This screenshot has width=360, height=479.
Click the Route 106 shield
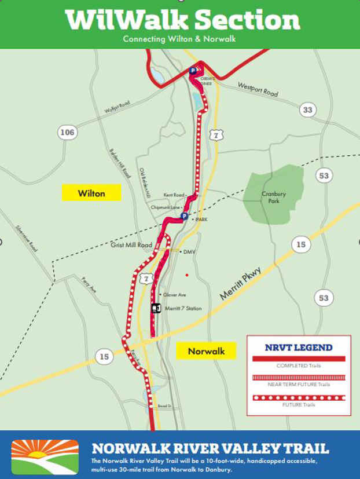pyautogui.click(x=68, y=133)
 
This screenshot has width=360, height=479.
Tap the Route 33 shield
pyautogui.click(x=308, y=110)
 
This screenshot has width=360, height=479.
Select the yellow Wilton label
pyautogui.click(x=91, y=193)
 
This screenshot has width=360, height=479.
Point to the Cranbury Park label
pyautogui.click(x=270, y=197)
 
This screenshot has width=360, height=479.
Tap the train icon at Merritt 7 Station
pyautogui.click(x=155, y=308)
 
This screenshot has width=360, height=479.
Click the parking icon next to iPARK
pyautogui.click(x=184, y=216)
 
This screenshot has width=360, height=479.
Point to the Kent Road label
pyautogui.click(x=173, y=195)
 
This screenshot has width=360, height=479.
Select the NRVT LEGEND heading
pyautogui.click(x=299, y=348)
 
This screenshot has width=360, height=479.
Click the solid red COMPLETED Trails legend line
pyautogui.click(x=299, y=359)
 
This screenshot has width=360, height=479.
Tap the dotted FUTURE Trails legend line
pyautogui.click(x=299, y=397)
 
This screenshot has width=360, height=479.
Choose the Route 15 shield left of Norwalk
pyautogui.click(x=104, y=357)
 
